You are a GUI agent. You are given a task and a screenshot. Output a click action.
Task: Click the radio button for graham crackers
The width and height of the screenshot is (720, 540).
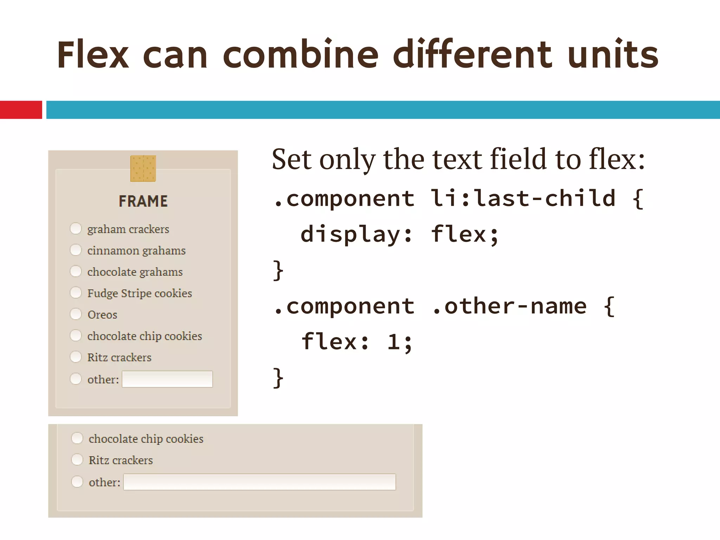point(76,229)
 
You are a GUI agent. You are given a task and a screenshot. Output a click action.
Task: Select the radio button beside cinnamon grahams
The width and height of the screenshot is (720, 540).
point(76,250)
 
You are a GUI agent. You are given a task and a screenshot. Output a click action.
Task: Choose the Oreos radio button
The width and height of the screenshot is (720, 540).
point(76,314)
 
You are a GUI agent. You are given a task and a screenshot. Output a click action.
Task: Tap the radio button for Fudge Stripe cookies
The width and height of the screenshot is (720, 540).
point(76,292)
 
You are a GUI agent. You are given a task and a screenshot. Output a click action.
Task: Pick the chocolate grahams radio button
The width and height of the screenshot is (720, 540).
point(76,271)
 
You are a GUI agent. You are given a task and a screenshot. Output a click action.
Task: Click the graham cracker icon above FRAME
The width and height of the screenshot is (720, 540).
point(143,168)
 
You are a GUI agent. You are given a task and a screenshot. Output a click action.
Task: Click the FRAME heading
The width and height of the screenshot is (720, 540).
point(143,201)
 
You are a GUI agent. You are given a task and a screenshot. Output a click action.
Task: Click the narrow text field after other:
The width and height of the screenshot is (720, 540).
point(167,379)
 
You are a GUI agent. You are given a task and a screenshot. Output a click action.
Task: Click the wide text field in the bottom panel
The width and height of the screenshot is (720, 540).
point(259,482)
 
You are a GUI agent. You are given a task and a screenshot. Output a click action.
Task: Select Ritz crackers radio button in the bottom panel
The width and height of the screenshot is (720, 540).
point(77,459)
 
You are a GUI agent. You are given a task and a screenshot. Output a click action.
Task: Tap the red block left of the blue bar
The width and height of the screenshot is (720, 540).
point(21,110)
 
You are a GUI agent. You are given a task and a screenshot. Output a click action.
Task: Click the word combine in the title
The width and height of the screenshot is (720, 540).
point(301,54)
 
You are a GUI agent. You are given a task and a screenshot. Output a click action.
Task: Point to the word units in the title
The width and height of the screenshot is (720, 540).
point(613,54)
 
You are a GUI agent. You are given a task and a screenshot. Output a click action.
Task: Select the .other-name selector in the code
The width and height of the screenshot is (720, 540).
point(509,306)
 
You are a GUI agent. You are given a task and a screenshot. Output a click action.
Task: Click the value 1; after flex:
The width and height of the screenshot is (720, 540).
point(400,342)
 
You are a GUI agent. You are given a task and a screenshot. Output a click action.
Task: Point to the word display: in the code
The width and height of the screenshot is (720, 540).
point(356,234)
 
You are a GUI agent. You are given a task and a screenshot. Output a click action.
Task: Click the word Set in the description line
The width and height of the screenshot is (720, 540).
point(292,160)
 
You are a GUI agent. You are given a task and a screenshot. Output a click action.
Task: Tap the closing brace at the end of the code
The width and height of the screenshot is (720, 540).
point(278,378)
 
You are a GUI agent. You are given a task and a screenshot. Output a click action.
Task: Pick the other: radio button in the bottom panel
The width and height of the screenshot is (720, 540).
point(77,482)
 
